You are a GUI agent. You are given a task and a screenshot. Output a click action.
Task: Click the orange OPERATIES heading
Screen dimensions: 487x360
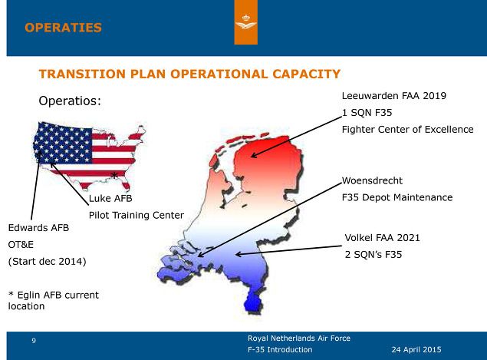click(63, 28)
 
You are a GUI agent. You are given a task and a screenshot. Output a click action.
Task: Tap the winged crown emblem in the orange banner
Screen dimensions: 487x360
click(245, 23)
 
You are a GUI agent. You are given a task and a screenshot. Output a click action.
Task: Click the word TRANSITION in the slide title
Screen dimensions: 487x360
click(82, 74)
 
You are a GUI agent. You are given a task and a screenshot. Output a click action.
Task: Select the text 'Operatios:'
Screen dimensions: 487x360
click(70, 101)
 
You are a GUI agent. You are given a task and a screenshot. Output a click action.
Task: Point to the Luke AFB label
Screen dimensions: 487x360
click(110, 198)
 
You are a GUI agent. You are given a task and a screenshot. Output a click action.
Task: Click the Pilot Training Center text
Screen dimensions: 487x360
click(137, 215)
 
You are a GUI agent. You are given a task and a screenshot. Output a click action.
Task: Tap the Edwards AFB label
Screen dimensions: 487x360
click(38, 228)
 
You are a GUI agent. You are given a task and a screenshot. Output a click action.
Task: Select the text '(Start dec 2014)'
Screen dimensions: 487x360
click(48, 262)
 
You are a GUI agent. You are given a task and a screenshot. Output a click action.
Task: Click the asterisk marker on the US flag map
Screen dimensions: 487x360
click(114, 175)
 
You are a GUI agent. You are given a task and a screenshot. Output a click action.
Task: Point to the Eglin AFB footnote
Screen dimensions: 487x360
click(54, 300)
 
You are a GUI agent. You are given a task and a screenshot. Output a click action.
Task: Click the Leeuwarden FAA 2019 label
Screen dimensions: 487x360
click(394, 96)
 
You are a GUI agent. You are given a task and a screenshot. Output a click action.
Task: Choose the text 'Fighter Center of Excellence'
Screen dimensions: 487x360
click(407, 129)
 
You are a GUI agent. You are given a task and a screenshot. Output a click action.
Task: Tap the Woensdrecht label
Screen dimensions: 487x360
click(372, 180)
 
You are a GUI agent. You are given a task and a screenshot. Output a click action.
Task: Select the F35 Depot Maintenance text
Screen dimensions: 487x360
click(397, 197)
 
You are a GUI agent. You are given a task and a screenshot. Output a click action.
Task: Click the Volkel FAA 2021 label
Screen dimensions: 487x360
click(382, 238)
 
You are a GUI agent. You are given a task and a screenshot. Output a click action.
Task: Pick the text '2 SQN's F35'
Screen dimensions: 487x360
click(373, 255)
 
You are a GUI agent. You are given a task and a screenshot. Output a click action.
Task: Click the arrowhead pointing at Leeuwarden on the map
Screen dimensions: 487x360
click(253, 155)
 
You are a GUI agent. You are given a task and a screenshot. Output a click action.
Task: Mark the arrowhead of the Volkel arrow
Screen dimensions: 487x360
click(238, 254)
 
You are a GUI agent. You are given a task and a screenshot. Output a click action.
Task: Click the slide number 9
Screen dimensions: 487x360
click(34, 341)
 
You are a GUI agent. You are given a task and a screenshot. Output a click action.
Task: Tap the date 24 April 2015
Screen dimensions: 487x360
click(416, 350)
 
